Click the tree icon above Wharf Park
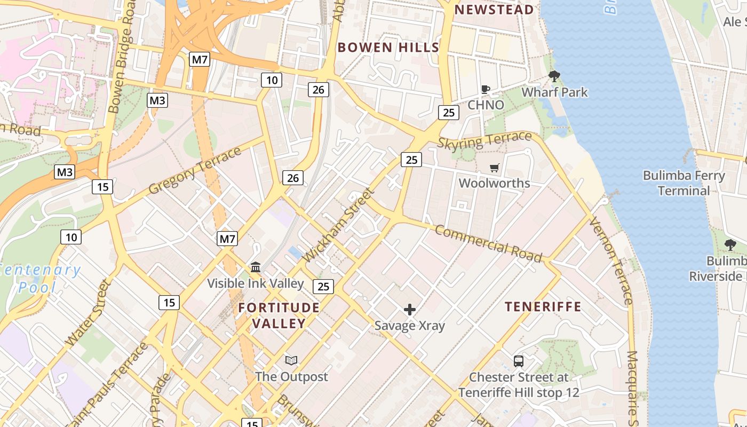coord(554,76)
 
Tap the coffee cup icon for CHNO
coord(485,90)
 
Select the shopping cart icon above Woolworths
coord(495,168)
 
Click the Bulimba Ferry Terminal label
coord(684,183)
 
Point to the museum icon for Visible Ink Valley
coord(256,267)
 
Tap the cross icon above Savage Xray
coord(410,310)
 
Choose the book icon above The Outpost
coord(291,361)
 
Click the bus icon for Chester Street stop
coord(518,361)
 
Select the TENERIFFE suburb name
coord(543,306)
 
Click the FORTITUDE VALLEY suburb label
coord(279,315)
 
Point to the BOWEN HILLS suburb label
coord(388,47)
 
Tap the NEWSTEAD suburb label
coord(494,10)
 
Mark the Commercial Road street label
coord(488,244)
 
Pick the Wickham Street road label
coord(338,225)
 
